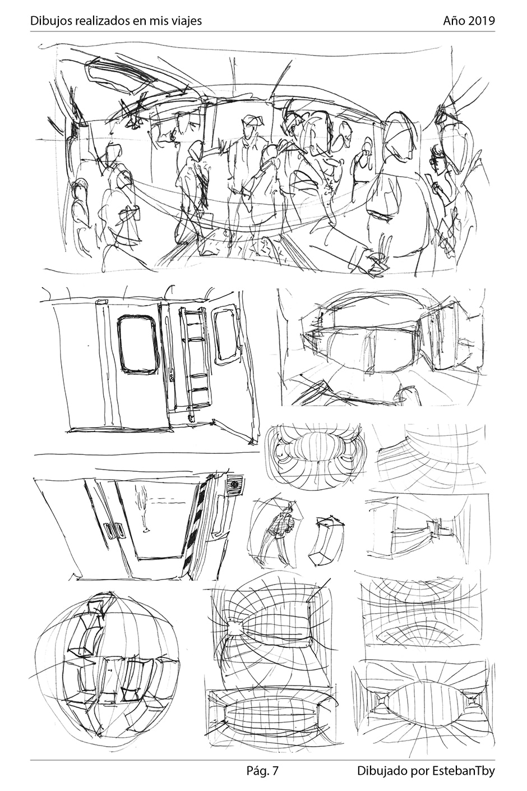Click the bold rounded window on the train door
click(137, 345)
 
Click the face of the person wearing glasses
click(437, 160)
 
